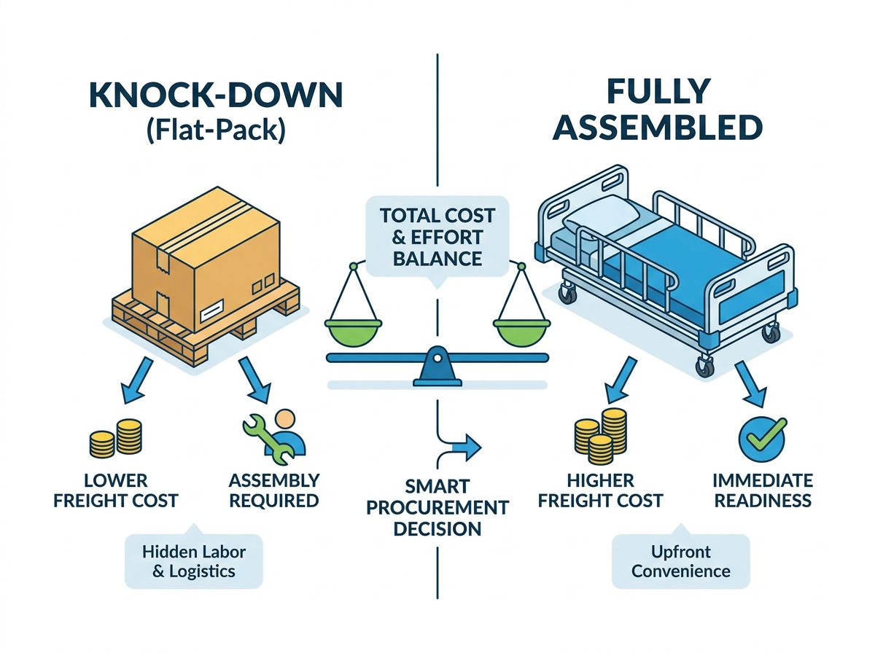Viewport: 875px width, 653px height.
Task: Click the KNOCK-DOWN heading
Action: pyautogui.click(x=216, y=95)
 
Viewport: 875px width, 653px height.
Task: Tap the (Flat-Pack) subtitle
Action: pyautogui.click(x=216, y=130)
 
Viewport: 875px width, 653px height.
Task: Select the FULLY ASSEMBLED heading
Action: pyautogui.click(x=658, y=109)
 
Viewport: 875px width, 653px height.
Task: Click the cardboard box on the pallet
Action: pyautogui.click(x=206, y=258)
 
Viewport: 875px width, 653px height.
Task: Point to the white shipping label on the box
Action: pyautogui.click(x=211, y=313)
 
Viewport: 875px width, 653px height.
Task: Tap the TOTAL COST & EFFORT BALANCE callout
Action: pyautogui.click(x=437, y=237)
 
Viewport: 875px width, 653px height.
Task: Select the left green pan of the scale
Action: pyautogui.click(x=353, y=331)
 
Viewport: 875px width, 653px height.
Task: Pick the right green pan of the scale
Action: pyautogui.click(x=521, y=331)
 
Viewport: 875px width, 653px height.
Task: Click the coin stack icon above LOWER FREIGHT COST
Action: pyautogui.click(x=116, y=438)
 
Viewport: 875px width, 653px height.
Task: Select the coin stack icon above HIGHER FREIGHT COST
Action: pyautogui.click(x=601, y=437)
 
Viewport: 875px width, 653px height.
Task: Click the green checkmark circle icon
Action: pyautogui.click(x=763, y=439)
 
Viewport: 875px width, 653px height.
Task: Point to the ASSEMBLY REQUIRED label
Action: pyautogui.click(x=274, y=490)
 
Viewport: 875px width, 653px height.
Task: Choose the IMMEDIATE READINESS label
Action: pyautogui.click(x=763, y=490)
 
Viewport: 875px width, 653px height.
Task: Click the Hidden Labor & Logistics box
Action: pyautogui.click(x=194, y=561)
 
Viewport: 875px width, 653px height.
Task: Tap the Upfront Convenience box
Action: pyautogui.click(x=681, y=561)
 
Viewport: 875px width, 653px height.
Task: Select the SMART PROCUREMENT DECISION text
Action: pyautogui.click(x=437, y=507)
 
